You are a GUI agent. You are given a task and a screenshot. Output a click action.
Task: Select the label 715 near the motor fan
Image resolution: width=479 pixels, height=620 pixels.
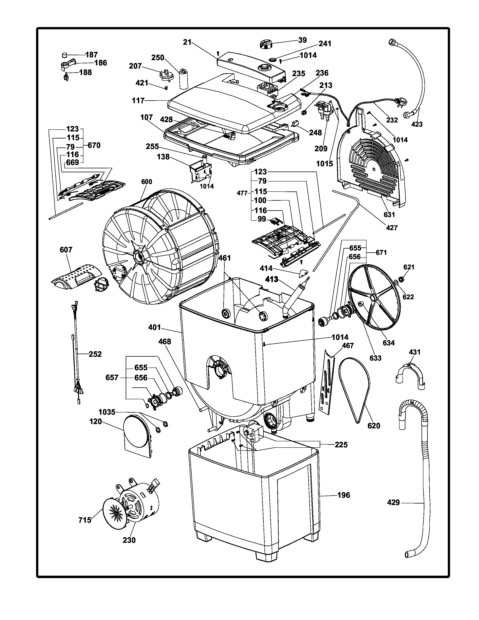click(85, 520)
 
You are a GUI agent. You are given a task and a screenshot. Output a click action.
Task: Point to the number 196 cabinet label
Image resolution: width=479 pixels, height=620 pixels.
click(343, 495)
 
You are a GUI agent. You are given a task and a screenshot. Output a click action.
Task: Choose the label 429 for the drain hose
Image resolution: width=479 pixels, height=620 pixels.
click(393, 502)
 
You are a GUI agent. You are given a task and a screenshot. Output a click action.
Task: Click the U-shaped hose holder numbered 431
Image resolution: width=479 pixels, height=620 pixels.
click(410, 375)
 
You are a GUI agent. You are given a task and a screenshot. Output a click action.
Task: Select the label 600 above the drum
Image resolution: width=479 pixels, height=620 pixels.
click(147, 182)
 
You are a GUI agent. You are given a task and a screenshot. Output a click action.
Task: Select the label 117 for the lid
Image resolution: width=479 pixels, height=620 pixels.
click(138, 101)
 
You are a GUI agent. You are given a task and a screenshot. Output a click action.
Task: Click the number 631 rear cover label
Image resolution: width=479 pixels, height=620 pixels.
click(389, 215)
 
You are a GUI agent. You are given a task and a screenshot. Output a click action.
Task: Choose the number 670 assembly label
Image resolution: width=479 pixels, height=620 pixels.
click(94, 145)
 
